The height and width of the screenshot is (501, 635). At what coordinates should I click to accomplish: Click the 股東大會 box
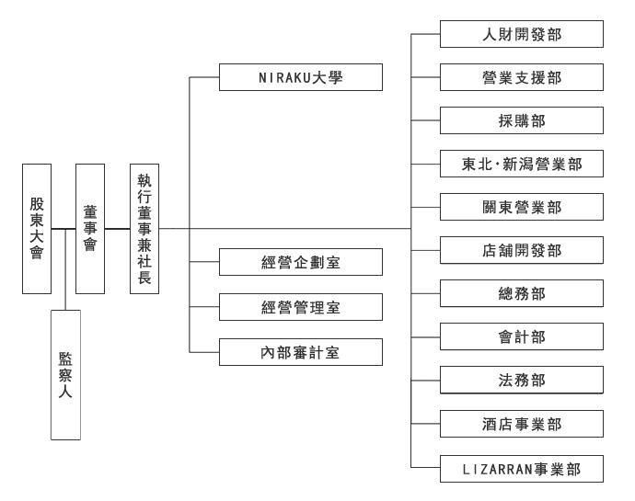click(36, 228)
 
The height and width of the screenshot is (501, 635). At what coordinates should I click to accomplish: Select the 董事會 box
click(90, 228)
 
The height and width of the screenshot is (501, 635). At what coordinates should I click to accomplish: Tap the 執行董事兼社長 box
click(144, 228)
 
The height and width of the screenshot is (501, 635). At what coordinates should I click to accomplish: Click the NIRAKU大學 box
click(300, 77)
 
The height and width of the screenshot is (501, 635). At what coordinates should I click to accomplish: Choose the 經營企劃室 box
click(300, 263)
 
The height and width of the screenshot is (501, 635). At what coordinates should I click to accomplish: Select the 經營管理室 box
click(300, 307)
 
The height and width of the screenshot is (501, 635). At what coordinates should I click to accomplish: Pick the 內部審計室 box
click(300, 351)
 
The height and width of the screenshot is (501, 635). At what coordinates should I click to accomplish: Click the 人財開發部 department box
click(521, 34)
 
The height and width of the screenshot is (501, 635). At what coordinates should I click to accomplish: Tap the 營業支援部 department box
click(521, 77)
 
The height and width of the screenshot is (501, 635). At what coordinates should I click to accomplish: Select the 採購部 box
click(521, 120)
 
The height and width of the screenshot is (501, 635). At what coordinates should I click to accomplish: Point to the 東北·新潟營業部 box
click(521, 165)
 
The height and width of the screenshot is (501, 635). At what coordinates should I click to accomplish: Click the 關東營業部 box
click(521, 208)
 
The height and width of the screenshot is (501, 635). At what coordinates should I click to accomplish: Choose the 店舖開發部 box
click(521, 250)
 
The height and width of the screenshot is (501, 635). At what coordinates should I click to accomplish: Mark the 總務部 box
click(521, 294)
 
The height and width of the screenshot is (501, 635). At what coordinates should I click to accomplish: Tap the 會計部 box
click(521, 337)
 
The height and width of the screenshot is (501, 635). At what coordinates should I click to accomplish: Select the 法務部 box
click(521, 381)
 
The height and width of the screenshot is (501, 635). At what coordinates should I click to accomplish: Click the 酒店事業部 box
click(521, 424)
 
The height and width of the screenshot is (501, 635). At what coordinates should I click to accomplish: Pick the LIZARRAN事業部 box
click(521, 468)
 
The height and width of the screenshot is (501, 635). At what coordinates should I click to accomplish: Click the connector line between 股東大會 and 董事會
click(63, 228)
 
